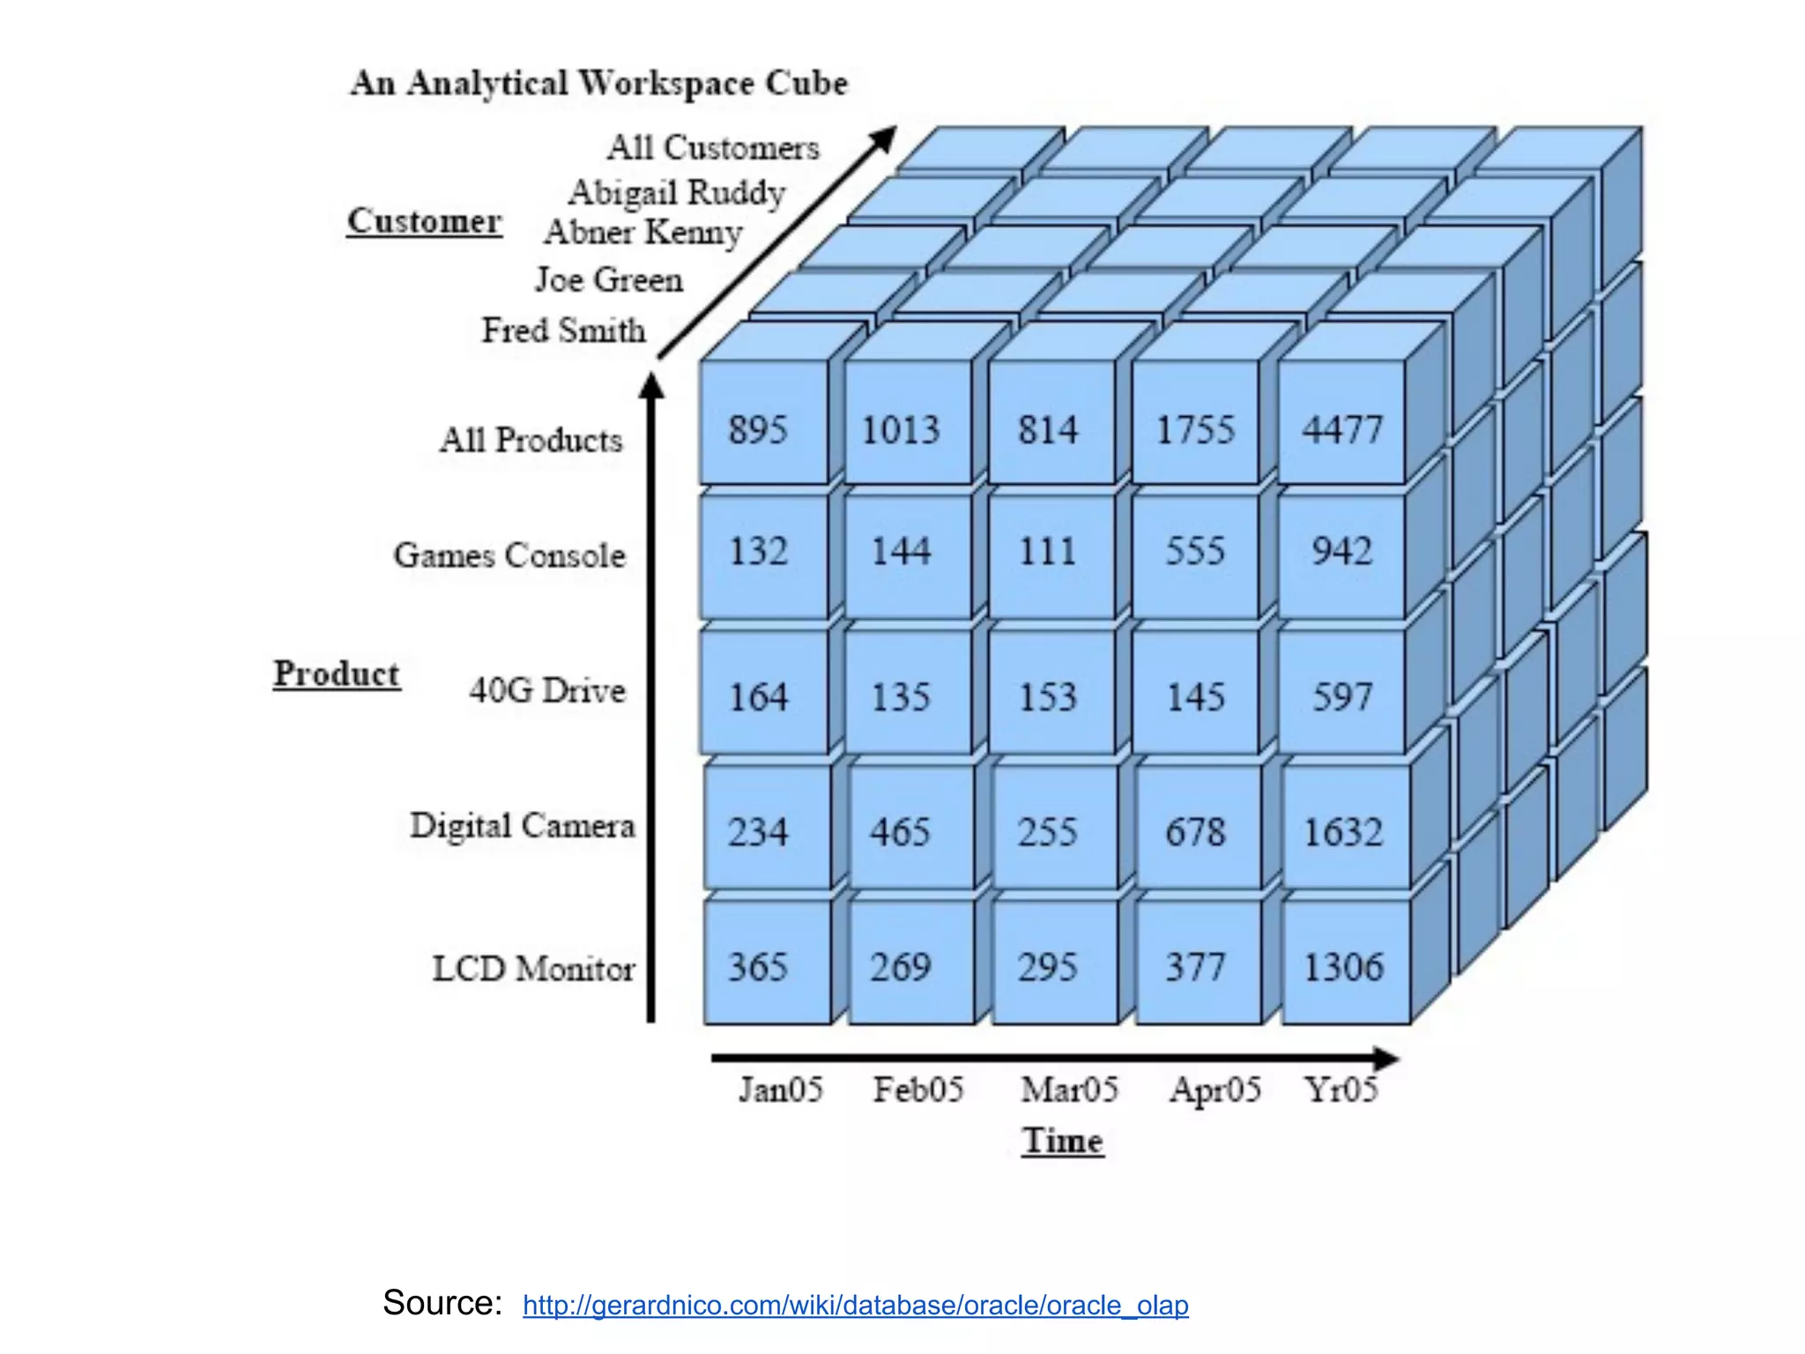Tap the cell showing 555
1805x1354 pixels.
(1195, 552)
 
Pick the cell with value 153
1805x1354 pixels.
(1048, 697)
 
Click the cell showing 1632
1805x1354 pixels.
(1343, 832)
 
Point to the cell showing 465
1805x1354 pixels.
(901, 832)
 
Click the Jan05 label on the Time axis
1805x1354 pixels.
(781, 1090)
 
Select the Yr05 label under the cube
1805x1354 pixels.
(1341, 1090)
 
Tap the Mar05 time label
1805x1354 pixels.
(1069, 1090)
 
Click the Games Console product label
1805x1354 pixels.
(509, 555)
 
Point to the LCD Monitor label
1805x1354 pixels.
(533, 969)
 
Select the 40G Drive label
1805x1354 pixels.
(547, 690)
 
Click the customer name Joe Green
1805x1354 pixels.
(609, 280)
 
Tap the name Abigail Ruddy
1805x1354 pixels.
(677, 192)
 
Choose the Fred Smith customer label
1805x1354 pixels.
(564, 331)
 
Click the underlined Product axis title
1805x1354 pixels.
(337, 674)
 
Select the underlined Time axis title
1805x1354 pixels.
(1063, 1141)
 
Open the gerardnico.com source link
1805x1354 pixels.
(855, 1305)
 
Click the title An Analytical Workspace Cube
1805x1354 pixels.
(599, 83)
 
